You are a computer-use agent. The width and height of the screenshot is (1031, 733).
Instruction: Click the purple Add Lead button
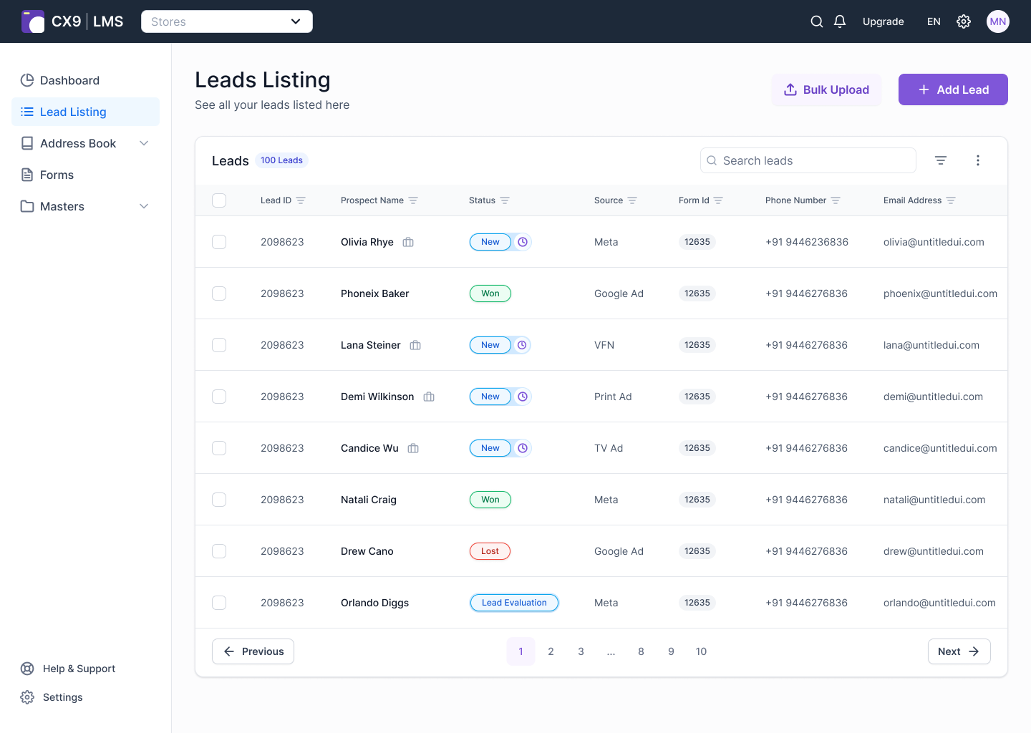pos(953,89)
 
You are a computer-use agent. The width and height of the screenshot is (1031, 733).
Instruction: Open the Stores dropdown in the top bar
pos(226,21)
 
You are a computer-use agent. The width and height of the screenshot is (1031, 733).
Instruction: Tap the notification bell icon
pos(840,21)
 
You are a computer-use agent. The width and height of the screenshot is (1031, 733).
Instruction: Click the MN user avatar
pos(997,21)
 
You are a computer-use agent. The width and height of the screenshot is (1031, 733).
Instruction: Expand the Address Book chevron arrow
pos(144,143)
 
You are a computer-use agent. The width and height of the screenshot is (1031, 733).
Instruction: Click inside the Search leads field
pos(808,160)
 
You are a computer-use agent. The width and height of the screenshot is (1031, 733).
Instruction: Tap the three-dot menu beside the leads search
pos(977,160)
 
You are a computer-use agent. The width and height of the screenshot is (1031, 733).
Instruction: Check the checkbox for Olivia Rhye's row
pos(219,241)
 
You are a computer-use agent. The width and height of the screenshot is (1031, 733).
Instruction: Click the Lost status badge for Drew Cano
pos(490,550)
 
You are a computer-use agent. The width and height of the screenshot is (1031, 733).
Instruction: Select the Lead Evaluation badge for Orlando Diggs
pos(513,602)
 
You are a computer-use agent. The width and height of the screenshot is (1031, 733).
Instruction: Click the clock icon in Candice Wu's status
pos(523,447)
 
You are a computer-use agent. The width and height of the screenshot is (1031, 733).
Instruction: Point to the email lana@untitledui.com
pos(931,344)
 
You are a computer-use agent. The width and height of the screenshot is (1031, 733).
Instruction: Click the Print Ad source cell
pos(613,396)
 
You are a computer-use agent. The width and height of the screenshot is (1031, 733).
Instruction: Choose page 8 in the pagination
pos(641,651)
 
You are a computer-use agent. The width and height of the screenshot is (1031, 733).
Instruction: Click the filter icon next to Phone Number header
pos(836,200)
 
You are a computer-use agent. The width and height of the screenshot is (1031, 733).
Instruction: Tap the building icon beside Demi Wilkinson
pos(428,396)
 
